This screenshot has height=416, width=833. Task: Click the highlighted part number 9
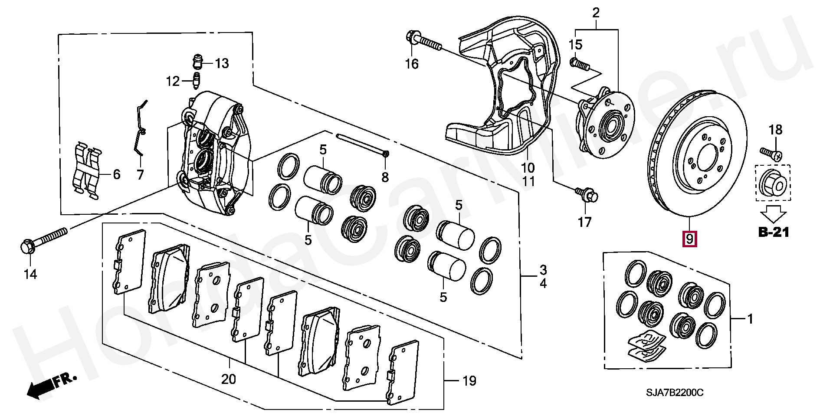689,238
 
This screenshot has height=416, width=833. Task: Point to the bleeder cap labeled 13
198,62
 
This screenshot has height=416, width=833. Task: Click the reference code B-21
774,232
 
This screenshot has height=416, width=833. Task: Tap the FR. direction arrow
50,384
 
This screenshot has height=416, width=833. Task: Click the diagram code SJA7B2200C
675,393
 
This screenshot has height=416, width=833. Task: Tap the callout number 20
229,379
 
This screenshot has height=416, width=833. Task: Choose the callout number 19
469,381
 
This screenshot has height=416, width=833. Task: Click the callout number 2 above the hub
596,13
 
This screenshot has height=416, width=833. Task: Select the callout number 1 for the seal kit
750,319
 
